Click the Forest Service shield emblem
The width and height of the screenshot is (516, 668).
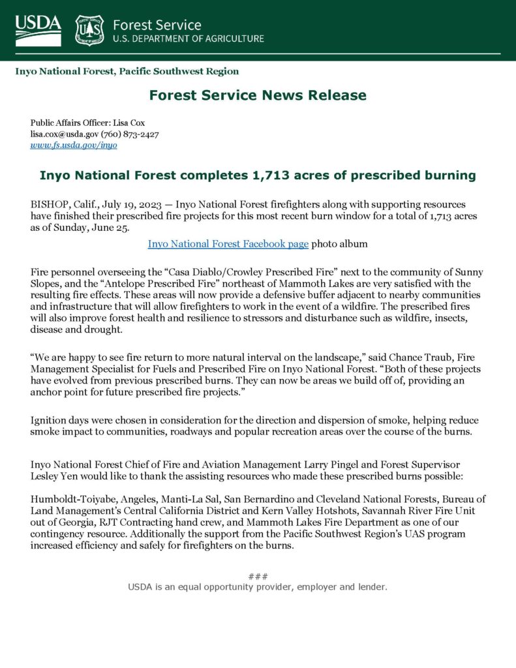pos(89,30)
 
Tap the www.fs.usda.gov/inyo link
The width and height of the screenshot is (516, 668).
pos(74,145)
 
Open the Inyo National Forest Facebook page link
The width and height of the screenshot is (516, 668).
pos(228,244)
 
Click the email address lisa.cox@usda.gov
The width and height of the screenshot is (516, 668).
pos(64,134)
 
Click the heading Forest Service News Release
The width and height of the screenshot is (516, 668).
pos(258,95)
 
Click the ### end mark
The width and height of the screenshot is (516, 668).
pos(258,576)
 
